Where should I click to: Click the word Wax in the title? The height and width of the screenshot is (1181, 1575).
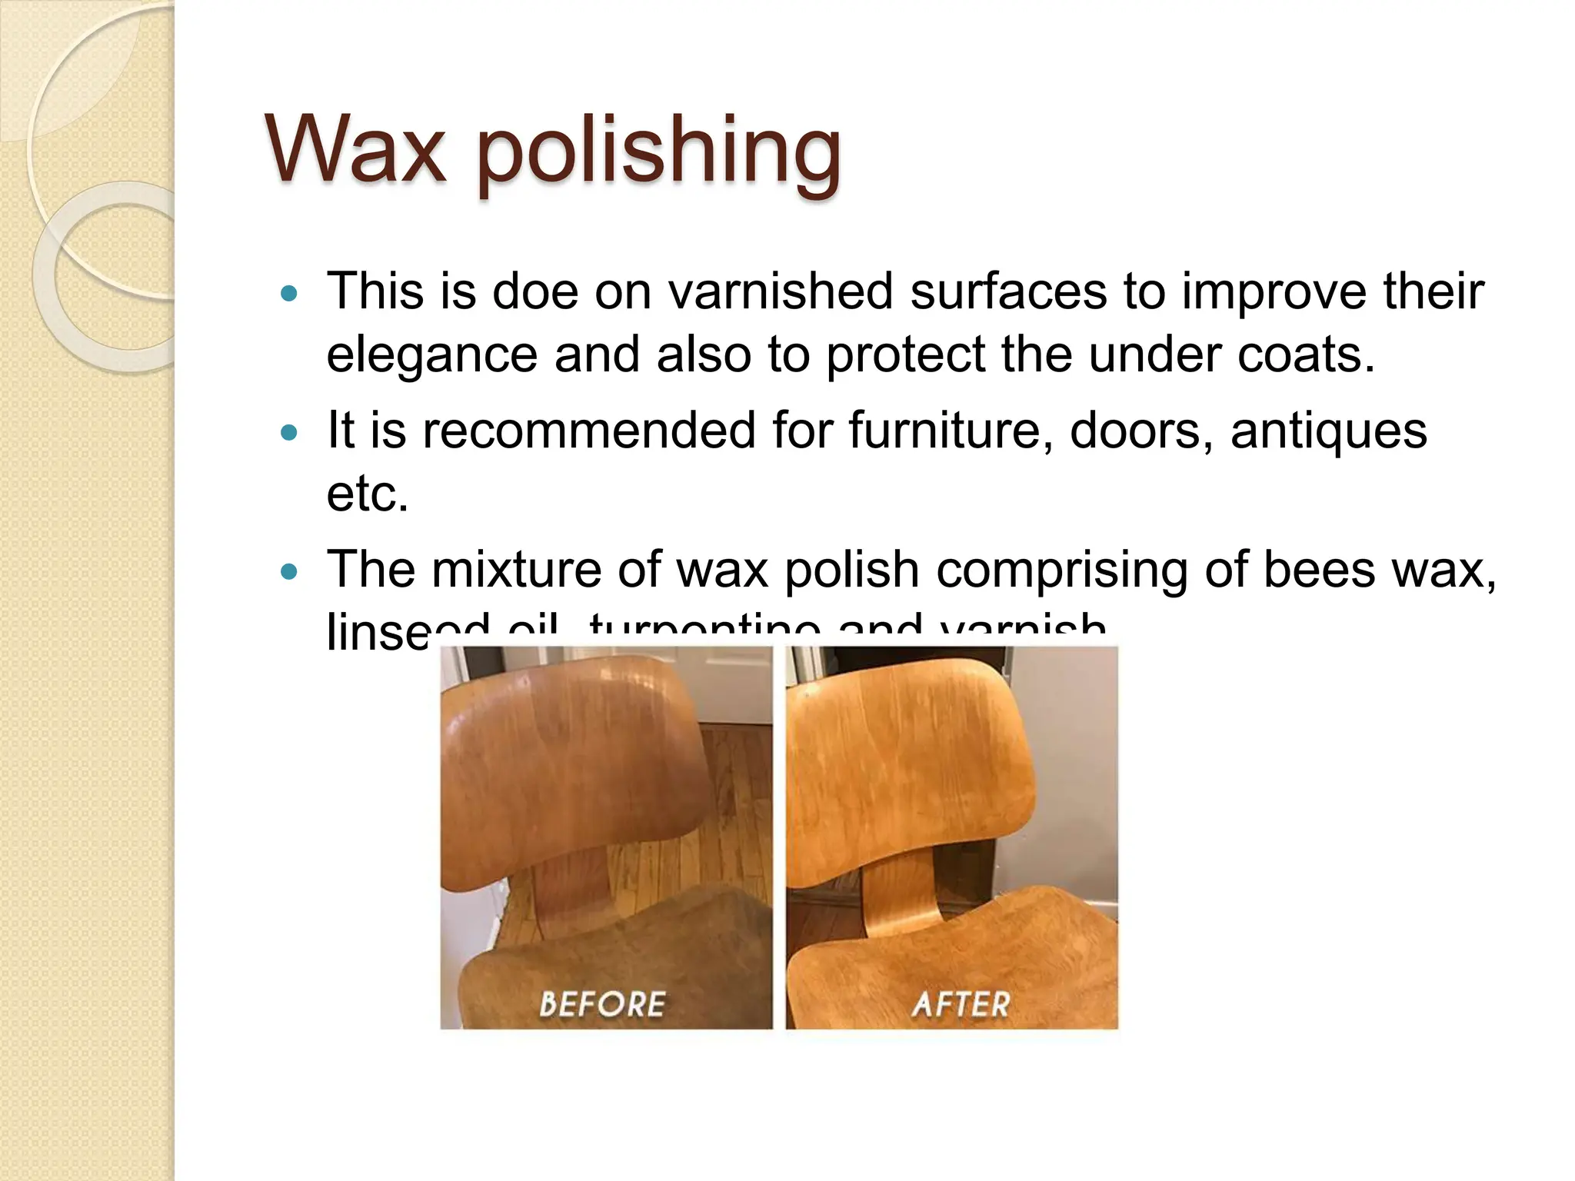click(x=355, y=148)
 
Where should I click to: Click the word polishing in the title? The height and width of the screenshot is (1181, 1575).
click(x=658, y=151)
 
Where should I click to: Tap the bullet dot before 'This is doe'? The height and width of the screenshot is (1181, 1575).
click(x=289, y=293)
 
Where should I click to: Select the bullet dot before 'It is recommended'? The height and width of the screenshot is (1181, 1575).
click(x=289, y=432)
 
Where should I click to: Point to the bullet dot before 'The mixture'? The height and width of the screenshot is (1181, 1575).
click(x=289, y=571)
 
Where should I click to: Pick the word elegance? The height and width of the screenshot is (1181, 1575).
click(x=431, y=356)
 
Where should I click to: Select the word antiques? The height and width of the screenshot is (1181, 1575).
click(x=1328, y=432)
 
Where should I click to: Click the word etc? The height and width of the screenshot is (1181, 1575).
click(x=367, y=494)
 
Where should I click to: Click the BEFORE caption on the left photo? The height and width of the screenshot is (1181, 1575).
click(x=602, y=1004)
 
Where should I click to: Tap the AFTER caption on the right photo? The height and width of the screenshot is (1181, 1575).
click(x=961, y=1004)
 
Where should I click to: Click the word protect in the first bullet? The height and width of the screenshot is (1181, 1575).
click(x=906, y=356)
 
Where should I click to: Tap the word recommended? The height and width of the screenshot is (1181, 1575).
click(x=589, y=431)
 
